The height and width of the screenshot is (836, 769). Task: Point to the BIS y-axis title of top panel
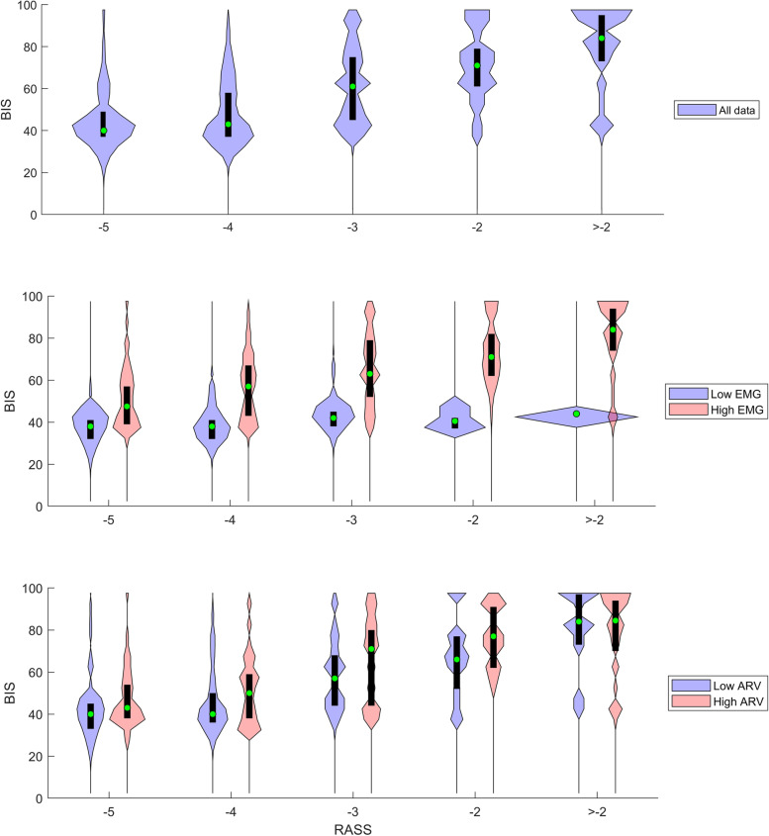(8, 109)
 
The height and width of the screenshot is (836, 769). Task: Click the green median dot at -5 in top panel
(103, 131)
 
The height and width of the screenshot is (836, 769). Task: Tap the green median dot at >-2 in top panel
(601, 39)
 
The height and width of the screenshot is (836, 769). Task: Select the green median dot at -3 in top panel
(352, 87)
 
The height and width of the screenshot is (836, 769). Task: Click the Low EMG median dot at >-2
(576, 414)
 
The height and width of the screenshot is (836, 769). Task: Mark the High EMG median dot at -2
(491, 357)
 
